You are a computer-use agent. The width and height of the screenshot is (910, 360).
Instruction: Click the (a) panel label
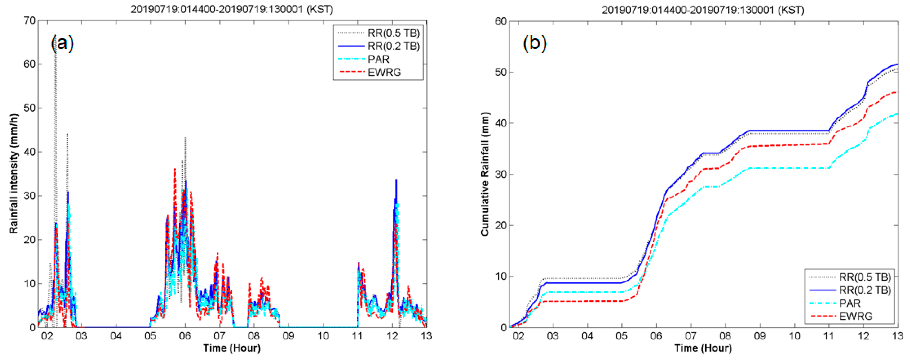click(x=62, y=43)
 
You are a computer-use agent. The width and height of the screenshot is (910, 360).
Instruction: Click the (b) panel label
click(x=534, y=43)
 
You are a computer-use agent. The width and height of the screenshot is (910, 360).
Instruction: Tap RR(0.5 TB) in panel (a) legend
click(x=394, y=33)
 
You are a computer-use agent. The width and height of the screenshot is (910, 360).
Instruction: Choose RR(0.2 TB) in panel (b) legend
click(x=865, y=290)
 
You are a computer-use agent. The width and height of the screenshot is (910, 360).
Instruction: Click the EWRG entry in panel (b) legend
click(x=856, y=316)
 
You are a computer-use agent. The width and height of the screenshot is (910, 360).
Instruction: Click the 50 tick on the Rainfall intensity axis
click(x=30, y=108)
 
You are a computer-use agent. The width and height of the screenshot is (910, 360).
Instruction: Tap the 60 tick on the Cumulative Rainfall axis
click(x=501, y=21)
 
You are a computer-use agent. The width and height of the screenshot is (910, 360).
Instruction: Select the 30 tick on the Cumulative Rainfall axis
click(x=501, y=175)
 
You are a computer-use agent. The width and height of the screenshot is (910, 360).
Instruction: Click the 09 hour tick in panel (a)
click(x=288, y=336)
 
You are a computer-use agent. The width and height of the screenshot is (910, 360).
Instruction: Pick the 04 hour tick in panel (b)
click(x=587, y=336)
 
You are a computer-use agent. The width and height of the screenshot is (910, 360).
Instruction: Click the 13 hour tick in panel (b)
click(x=898, y=336)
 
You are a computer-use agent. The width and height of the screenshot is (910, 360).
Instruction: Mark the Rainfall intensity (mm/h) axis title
click(x=13, y=174)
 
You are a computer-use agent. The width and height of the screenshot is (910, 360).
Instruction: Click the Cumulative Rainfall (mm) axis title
click(x=485, y=174)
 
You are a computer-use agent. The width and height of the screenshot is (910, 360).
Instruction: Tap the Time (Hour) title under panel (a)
click(x=232, y=348)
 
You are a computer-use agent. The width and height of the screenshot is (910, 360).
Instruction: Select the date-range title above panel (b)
click(x=703, y=10)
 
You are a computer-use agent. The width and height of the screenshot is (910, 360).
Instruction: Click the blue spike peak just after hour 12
click(x=396, y=180)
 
